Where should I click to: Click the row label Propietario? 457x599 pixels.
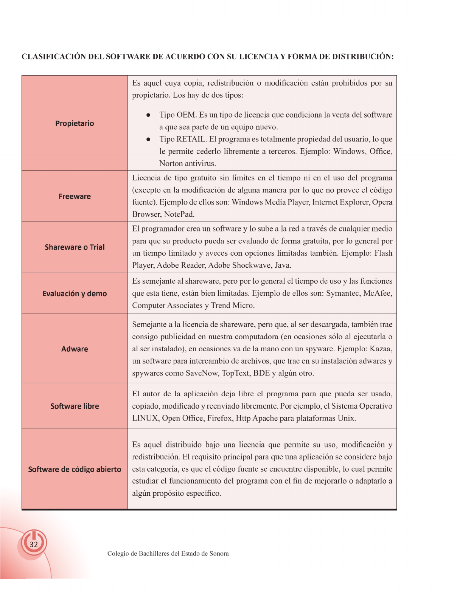pos(75,123)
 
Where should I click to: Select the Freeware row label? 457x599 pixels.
pos(75,196)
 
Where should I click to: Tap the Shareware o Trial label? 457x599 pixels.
pos(75,247)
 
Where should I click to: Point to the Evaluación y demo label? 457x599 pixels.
pos(75,293)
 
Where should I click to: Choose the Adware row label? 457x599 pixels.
pos(75,349)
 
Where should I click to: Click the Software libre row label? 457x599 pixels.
pos(75,406)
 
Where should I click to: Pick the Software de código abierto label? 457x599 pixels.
pos(75,469)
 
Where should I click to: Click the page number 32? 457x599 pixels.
pos(34,544)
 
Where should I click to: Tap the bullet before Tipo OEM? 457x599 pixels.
pos(149,115)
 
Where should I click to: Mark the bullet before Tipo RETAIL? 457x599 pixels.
pos(149,139)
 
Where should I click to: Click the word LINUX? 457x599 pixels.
pos(145,418)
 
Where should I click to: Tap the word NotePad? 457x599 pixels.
pos(179,214)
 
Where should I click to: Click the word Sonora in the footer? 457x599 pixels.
pos(219,554)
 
